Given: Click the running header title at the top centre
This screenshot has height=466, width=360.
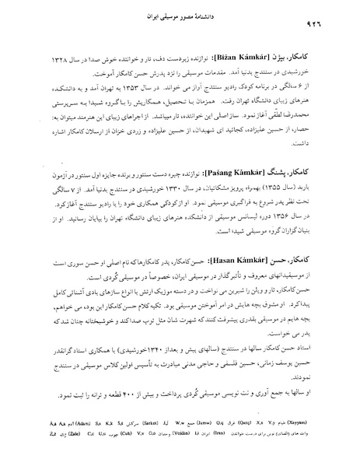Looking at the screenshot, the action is coord(180,16).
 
